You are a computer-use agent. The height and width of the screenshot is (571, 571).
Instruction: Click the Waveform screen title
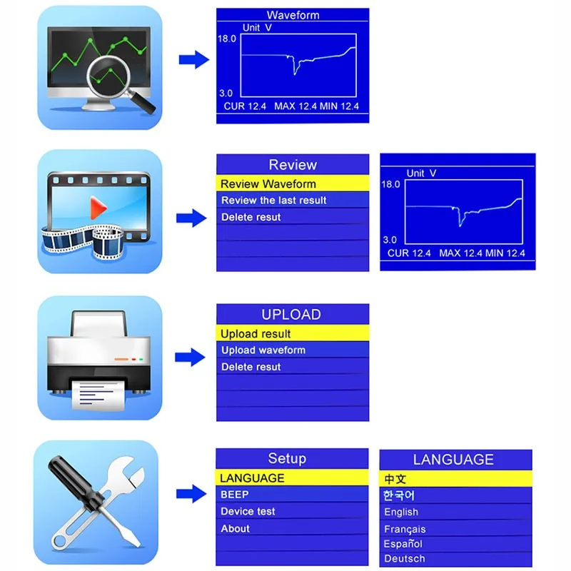tap(293, 15)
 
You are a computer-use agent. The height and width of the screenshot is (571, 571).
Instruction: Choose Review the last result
tap(273, 201)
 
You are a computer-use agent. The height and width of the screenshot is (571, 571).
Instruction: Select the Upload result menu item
tap(256, 333)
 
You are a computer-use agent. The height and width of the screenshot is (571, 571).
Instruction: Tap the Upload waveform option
tap(263, 350)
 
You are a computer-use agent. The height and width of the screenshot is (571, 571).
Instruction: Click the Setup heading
tap(287, 459)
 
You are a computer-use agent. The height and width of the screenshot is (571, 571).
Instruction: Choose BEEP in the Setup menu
tap(235, 495)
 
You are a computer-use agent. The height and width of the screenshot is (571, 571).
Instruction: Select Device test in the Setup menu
tap(248, 512)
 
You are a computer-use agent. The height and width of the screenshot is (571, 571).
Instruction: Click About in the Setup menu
tap(236, 529)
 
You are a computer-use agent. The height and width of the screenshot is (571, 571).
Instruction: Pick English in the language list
tap(401, 512)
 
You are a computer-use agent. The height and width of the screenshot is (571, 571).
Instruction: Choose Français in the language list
tap(405, 530)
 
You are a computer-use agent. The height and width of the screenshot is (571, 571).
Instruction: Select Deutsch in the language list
tap(404, 559)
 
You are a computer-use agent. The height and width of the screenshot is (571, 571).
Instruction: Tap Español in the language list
tap(403, 545)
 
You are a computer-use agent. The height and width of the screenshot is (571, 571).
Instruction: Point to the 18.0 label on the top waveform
tap(227, 39)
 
